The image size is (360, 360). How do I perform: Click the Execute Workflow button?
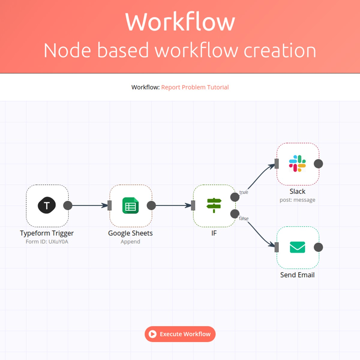coord(180,334)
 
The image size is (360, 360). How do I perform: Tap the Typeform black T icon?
coord(47,205)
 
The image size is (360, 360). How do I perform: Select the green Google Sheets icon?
coord(130,205)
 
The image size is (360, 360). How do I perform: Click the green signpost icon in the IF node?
coord(214,205)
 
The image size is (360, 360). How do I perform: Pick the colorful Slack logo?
coord(297,163)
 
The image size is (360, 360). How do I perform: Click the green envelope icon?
coord(297,247)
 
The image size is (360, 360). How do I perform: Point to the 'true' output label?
coord(244,192)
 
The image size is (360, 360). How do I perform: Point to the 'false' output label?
coord(244,218)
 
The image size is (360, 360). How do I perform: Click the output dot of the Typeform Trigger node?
coord(68,205)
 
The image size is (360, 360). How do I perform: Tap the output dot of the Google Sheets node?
coord(151,205)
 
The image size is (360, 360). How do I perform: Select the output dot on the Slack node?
coord(318,164)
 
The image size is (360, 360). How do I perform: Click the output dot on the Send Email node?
coord(318,247)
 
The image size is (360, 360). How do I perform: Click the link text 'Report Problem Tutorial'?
coord(195,87)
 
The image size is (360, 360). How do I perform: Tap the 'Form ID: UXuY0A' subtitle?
coord(47,241)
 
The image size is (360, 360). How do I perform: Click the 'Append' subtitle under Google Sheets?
coord(130,241)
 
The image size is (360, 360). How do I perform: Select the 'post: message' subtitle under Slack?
coord(297,200)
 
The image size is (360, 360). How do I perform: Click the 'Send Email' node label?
coord(297,275)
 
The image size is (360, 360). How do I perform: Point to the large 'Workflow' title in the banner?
coord(180,22)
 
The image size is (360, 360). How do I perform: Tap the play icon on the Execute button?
coord(152,334)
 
